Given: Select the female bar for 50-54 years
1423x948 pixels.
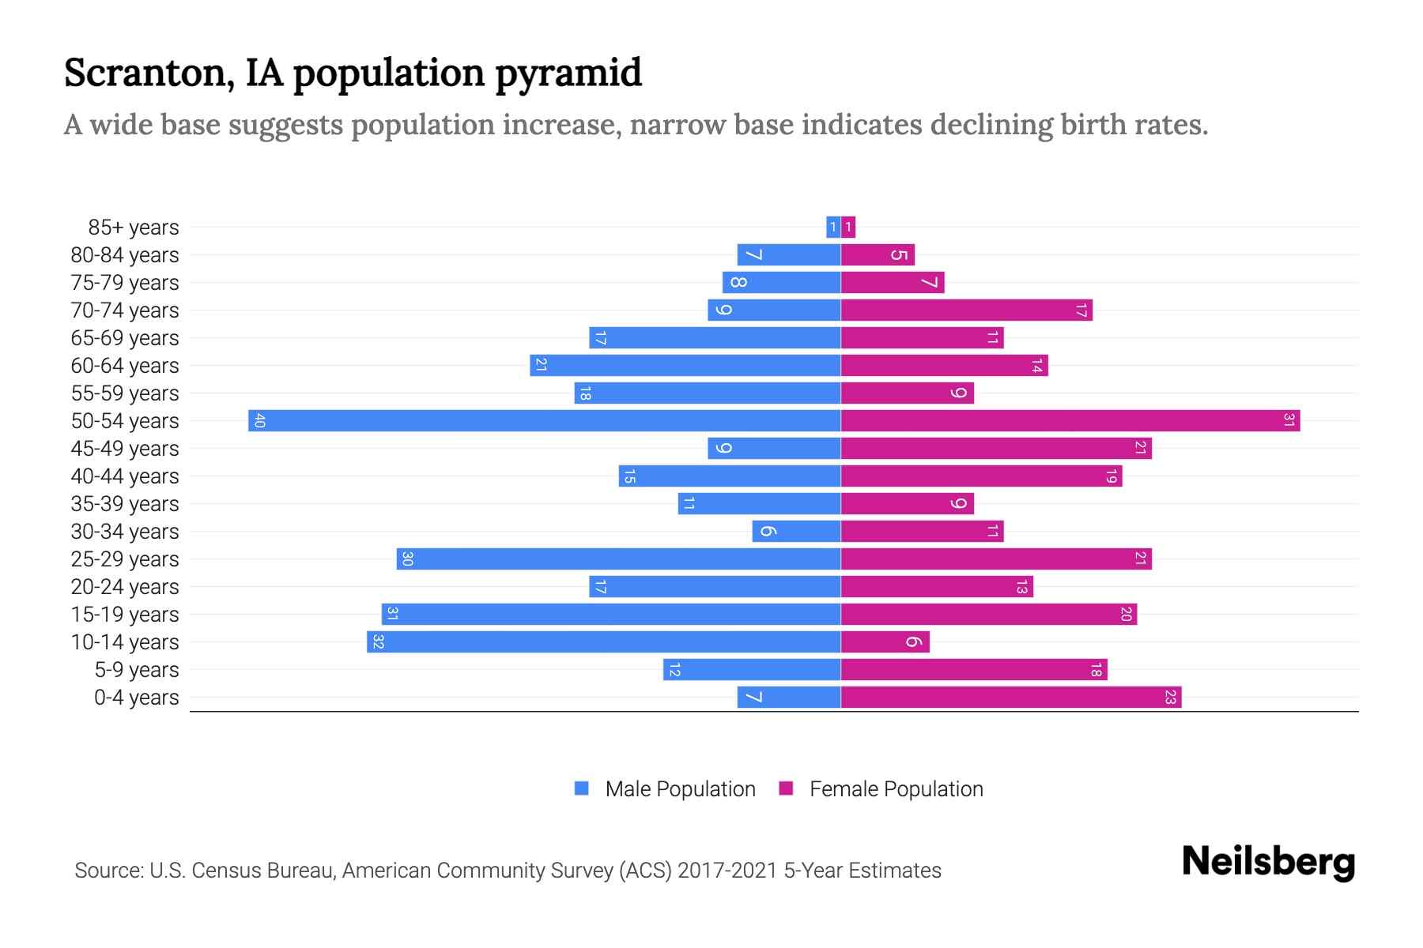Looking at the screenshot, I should coord(1070,420).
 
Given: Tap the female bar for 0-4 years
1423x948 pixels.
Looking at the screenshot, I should coord(1011,697).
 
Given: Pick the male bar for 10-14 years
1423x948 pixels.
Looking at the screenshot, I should coord(603,641).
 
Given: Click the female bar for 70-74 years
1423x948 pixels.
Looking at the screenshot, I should coord(966,310).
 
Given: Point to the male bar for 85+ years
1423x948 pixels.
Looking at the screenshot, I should coord(833,227).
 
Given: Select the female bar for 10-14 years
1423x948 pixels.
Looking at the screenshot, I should coord(885,641).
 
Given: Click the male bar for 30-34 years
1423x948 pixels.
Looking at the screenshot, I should coord(796,531).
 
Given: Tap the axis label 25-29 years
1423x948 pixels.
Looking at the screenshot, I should coord(125,559).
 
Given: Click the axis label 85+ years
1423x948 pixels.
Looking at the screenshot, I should coord(134,228).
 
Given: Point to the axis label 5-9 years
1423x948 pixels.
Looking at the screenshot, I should coord(137,670).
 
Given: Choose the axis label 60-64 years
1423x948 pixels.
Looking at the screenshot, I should coord(125,366).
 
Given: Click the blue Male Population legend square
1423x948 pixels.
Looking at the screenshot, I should coord(582,788).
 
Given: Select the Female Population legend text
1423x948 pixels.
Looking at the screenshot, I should coord(896,788).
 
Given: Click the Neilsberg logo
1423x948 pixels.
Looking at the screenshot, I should coord(1268,862).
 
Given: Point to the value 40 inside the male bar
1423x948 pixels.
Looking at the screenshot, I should coord(259,420).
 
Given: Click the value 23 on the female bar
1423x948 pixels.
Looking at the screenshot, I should coord(1170,697).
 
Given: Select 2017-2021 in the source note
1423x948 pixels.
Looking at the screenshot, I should coord(727,871).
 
